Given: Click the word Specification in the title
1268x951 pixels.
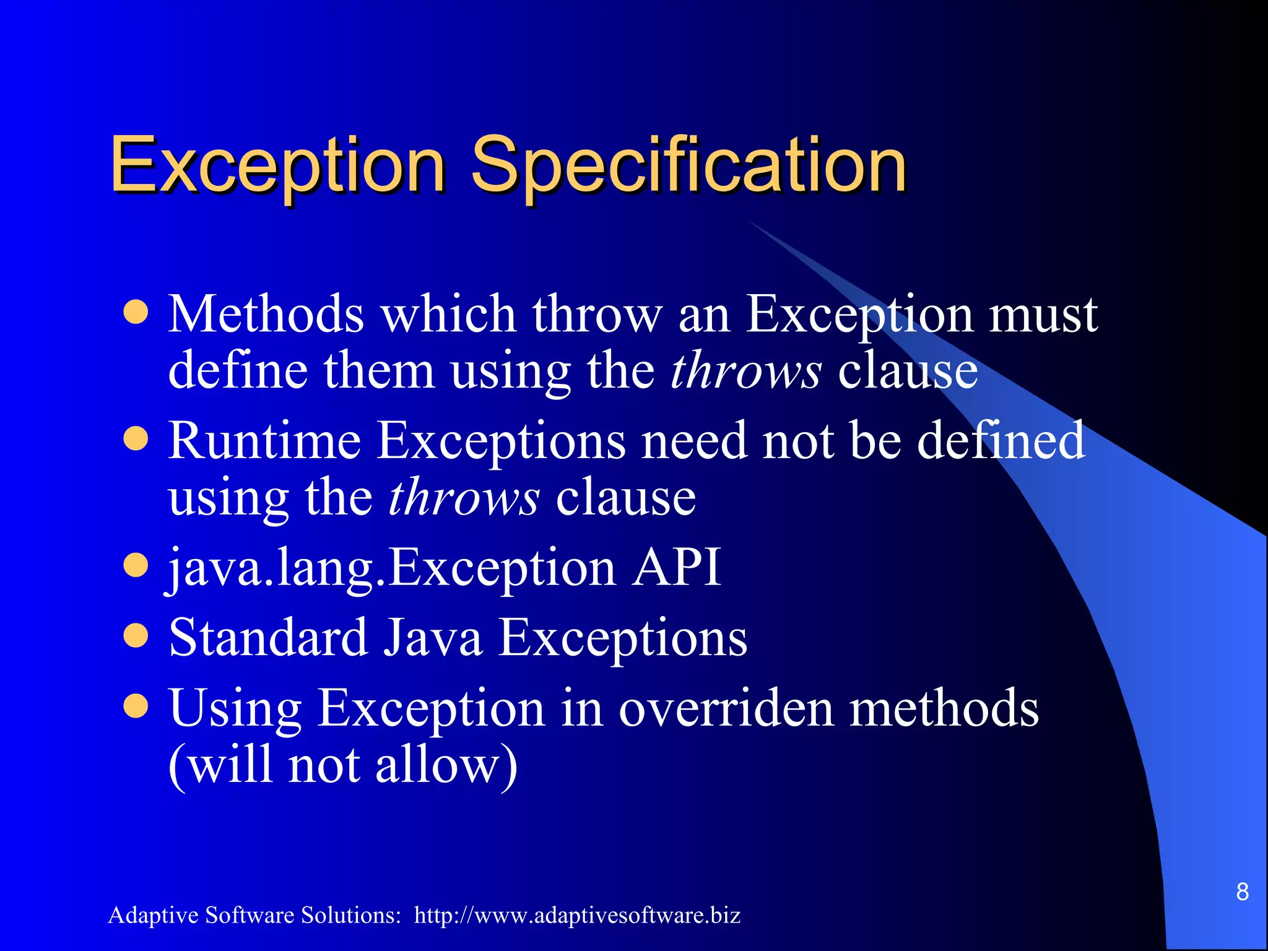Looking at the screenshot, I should pos(688,166).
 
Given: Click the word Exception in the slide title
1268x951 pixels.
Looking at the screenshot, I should pos(277,166).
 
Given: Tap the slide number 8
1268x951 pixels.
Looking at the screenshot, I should pos(1242,892).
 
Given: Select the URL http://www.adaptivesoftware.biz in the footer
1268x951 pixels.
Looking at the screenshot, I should pos(577,915).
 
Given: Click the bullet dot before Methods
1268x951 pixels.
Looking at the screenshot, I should pos(136,313).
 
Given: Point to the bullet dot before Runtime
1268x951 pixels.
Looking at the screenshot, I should pos(136,440).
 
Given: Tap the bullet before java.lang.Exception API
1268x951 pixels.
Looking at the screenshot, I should pos(136,566).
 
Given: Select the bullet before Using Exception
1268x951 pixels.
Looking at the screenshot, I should pos(136,707).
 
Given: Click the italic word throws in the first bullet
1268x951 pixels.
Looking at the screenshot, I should pos(746,371).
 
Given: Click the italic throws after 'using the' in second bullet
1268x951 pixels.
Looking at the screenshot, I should pos(464,498).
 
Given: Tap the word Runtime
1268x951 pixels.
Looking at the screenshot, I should pos(264,441).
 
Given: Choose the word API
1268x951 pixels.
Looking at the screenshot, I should pos(676,567).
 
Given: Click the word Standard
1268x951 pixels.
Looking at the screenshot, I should pos(268,638).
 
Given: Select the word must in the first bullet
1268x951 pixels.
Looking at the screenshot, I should pos(1043,315).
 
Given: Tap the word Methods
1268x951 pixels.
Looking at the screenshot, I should pos(266,315).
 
